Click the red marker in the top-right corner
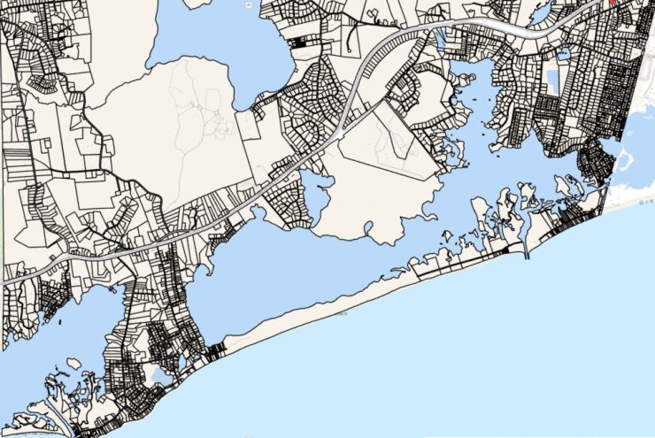tap(612, 3)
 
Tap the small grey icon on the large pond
tap(252, 4)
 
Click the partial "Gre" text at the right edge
tap(645, 202)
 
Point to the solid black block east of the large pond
tap(302, 42)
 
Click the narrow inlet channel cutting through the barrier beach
tap(526, 250)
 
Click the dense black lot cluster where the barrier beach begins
tap(216, 350)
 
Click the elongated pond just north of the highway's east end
tap(441, 39)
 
